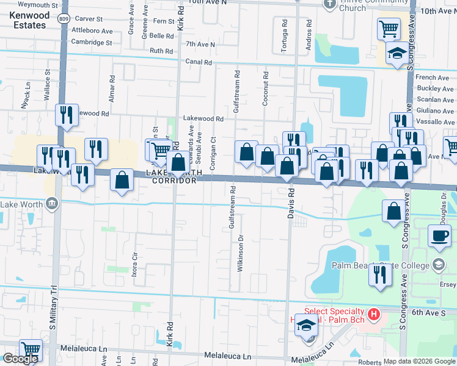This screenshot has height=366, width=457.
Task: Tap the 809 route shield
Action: pos(65,19)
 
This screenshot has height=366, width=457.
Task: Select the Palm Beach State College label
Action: pos(379,265)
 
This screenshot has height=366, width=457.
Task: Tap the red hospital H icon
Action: pos(375,315)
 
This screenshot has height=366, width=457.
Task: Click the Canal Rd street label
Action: pos(199,62)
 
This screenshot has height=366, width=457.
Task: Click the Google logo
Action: pos(20,359)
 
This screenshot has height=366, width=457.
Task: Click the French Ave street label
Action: pos(432,77)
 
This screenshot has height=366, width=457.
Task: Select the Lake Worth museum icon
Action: pos(52,203)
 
